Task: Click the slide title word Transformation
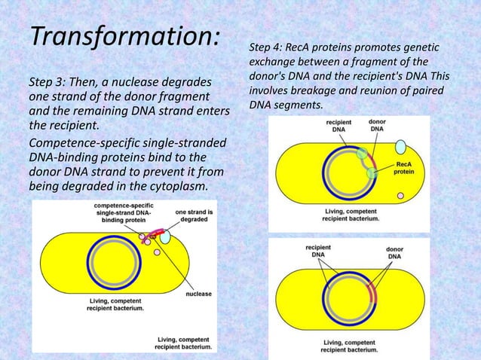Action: (124, 35)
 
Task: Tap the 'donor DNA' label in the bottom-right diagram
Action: (394, 252)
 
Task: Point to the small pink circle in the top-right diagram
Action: (400, 196)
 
